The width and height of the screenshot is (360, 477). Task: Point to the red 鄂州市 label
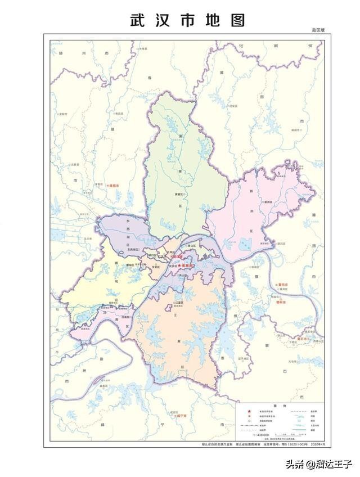(281, 302)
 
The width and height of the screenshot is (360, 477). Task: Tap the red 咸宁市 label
(179, 417)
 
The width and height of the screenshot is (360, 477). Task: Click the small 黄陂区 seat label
(179, 193)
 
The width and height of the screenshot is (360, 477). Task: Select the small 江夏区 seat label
(179, 303)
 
